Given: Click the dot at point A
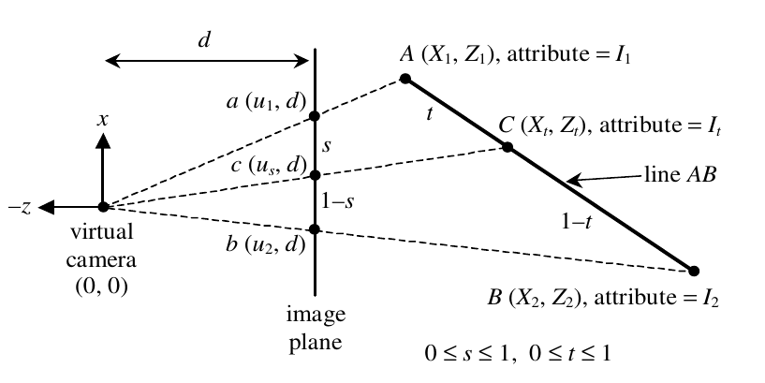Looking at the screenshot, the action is (x=405, y=78).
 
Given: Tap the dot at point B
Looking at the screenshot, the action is (x=693, y=271).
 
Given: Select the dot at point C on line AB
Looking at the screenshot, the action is (x=508, y=146).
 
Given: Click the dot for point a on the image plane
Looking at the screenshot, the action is (x=315, y=115).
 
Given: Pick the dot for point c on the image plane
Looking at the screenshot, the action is (x=315, y=175).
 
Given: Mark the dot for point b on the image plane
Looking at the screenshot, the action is (x=315, y=228).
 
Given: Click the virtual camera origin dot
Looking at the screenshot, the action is (x=103, y=207).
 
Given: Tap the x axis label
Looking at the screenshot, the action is (x=102, y=120).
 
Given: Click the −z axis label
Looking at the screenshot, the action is (x=20, y=207).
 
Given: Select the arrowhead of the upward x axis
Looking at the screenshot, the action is (x=102, y=140).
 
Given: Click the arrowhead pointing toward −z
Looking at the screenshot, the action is (x=45, y=207).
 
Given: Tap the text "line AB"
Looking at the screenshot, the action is (x=680, y=173).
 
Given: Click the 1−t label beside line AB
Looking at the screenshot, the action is (x=577, y=223).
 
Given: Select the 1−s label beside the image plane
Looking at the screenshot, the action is (x=338, y=201).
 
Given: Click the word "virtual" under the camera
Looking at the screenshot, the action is (x=101, y=231).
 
